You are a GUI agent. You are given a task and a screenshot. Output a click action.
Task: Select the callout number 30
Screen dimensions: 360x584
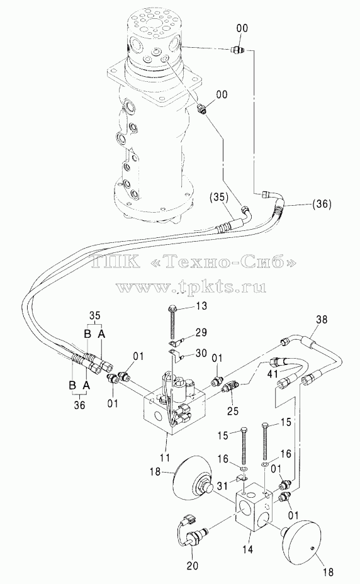tap(201, 352)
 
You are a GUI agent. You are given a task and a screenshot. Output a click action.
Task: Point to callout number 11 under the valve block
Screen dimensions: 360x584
tap(164, 457)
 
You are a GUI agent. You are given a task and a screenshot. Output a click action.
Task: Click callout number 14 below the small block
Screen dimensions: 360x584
tap(247, 549)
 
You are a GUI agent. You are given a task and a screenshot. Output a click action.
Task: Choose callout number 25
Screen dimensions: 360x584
tap(233, 411)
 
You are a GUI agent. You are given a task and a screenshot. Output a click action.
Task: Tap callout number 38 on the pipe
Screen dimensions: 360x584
tap(322, 320)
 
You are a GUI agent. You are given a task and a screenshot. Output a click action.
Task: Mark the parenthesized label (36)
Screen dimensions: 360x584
tap(320, 204)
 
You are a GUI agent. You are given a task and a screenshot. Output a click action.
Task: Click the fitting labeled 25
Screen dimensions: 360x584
tap(230, 388)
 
